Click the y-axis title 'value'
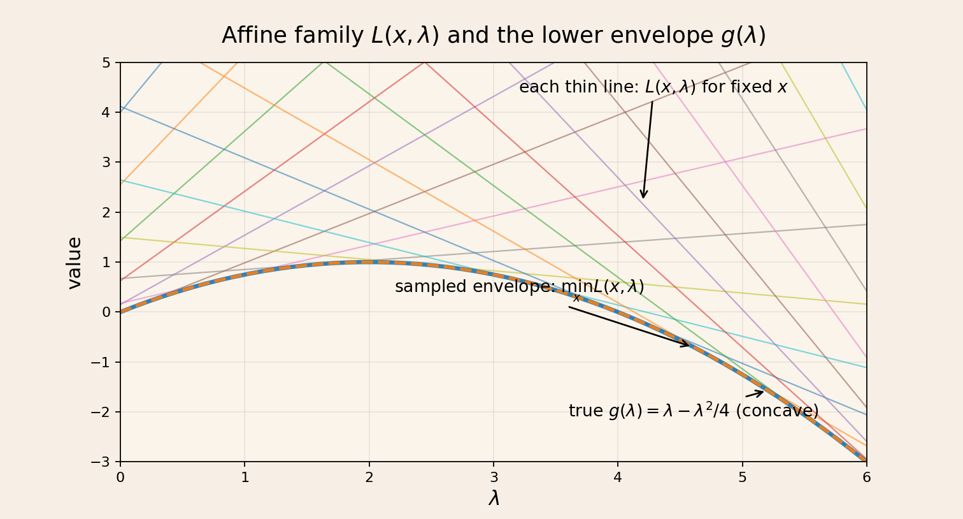coord(75,263)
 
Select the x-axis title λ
coord(494,499)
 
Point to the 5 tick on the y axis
coord(106,62)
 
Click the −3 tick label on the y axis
coord(101,462)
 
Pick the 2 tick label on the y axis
coord(106,212)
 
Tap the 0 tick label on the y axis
coord(106,312)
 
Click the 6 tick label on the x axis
coord(867,478)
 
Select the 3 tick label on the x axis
coord(494,478)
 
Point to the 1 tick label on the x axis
coord(245,478)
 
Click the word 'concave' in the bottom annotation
coord(777,411)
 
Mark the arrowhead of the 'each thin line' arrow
coord(643,196)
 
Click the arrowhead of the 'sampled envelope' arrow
coord(687,345)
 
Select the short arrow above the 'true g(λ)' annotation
coord(755,393)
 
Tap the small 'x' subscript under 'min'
coord(576,298)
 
